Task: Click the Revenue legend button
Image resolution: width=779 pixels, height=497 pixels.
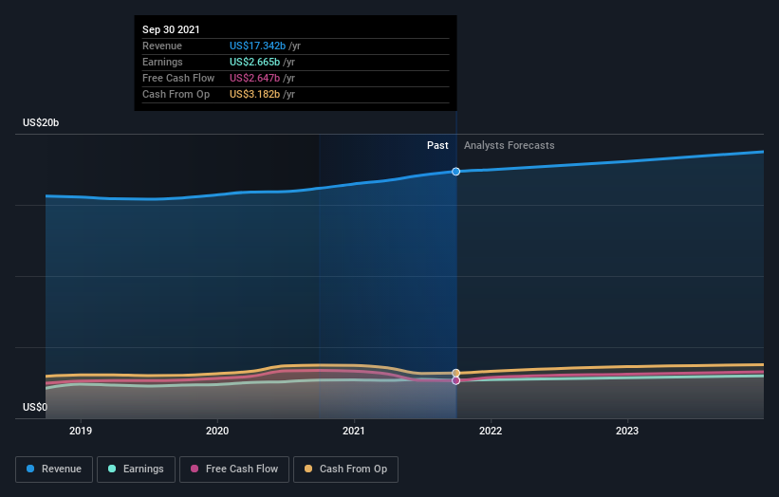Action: (53, 469)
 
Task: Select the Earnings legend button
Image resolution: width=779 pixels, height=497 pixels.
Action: (137, 469)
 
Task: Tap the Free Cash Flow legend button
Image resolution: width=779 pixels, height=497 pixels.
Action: (234, 469)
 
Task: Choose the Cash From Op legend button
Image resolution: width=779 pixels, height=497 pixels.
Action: (346, 469)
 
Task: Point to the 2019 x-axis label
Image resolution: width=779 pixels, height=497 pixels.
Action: (82, 431)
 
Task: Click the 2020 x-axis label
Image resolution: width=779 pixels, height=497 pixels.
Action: (218, 431)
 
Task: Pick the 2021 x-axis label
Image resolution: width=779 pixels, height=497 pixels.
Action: (354, 431)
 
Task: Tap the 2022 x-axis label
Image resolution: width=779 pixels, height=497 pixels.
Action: (491, 431)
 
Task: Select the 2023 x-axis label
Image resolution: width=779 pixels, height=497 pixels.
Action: (627, 431)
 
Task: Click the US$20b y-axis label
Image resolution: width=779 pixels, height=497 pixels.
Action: (43, 123)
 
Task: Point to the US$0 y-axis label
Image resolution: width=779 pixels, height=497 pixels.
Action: (36, 408)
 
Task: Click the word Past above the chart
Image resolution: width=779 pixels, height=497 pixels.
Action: (437, 145)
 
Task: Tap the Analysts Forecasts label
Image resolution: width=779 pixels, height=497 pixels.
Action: (510, 145)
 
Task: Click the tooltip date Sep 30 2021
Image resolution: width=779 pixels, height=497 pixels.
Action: (172, 29)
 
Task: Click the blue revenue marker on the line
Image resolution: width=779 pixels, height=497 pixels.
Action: (456, 172)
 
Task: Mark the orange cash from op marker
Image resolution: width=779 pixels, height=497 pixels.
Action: (456, 373)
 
